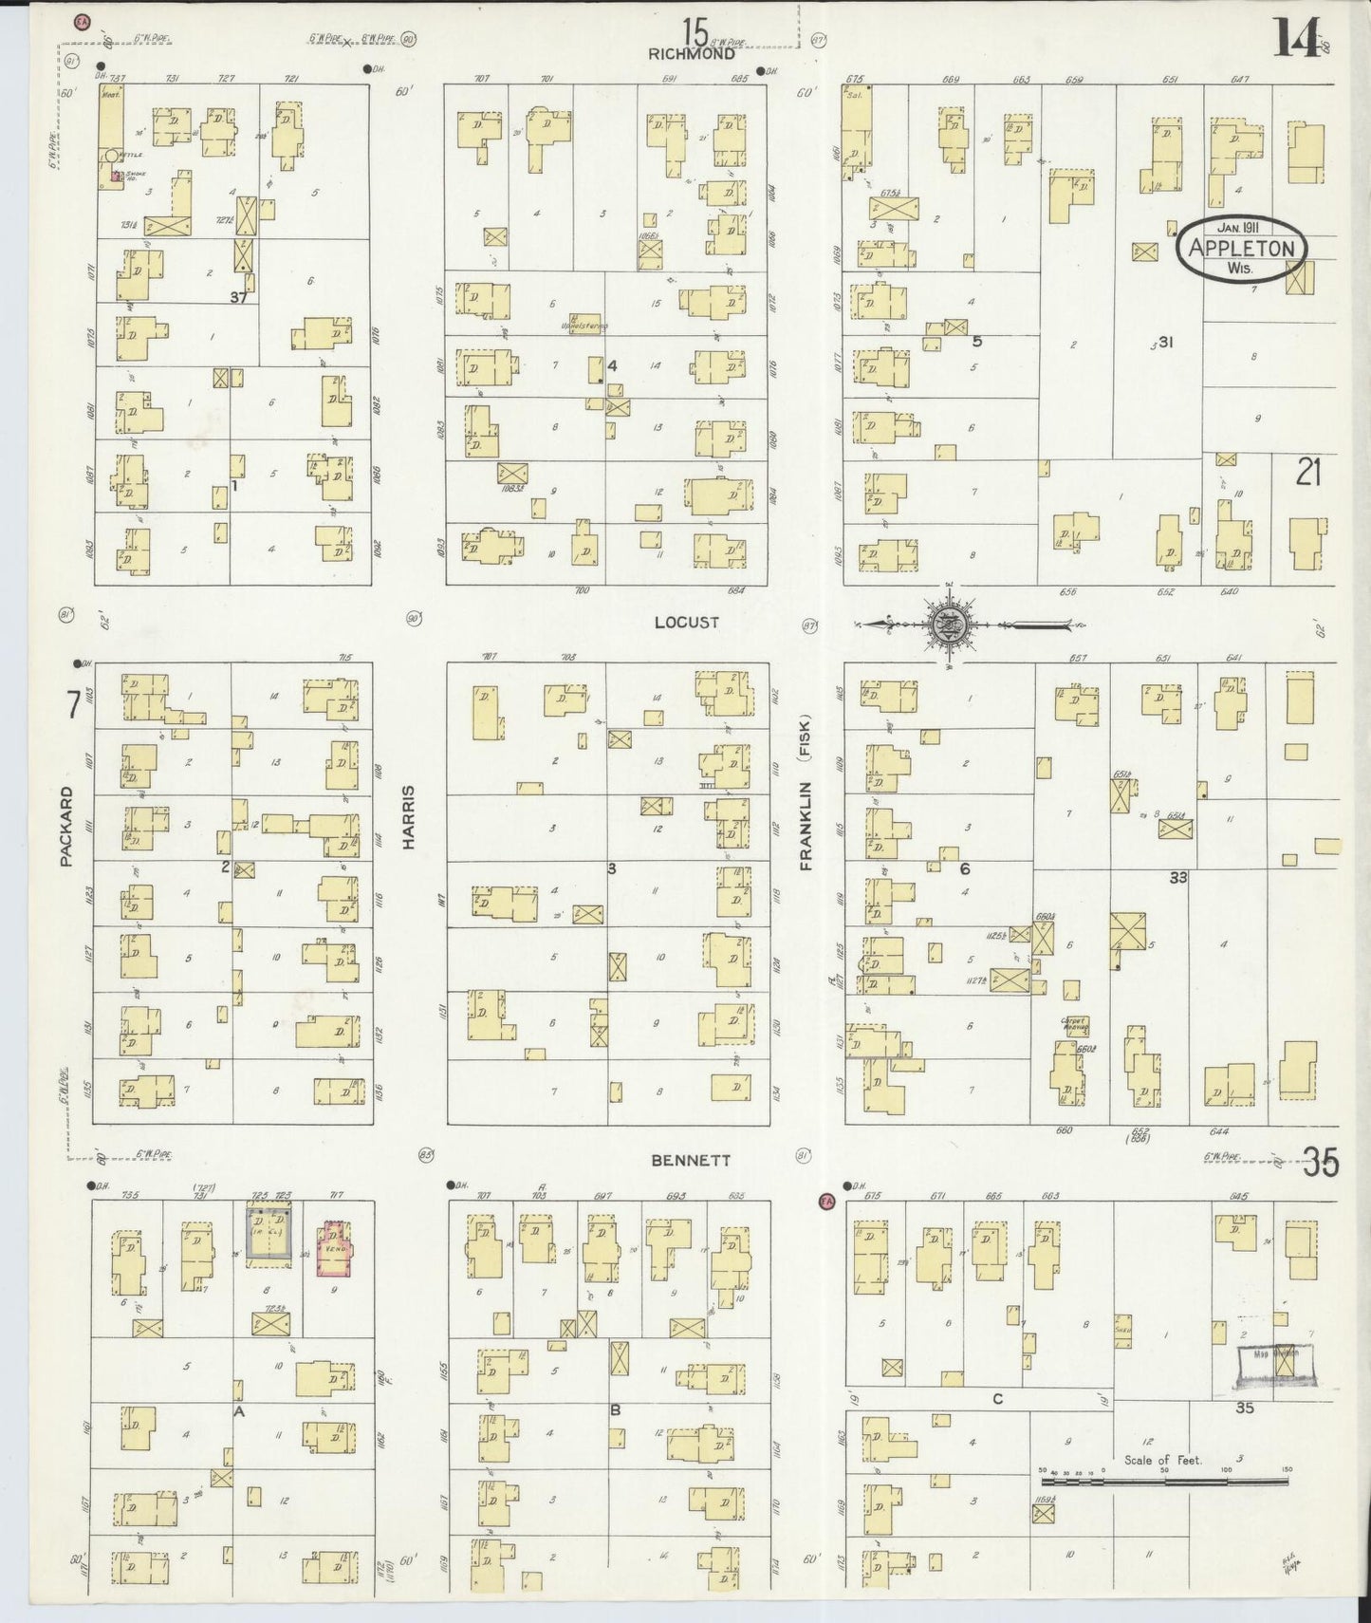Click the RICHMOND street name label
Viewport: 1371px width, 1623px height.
[x=692, y=54]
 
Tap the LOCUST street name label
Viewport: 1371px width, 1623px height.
[x=686, y=623]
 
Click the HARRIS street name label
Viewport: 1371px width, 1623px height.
[x=410, y=816]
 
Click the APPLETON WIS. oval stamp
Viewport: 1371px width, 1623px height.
[x=1241, y=249]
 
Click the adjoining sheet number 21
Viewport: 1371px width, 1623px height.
[x=1308, y=472]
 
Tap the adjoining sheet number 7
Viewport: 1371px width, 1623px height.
[x=72, y=705]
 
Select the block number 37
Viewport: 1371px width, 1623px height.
[x=238, y=297]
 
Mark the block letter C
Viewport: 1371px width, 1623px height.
[x=997, y=1399]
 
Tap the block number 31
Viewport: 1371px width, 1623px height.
[x=1166, y=343]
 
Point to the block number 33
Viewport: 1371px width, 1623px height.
[x=1177, y=878]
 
